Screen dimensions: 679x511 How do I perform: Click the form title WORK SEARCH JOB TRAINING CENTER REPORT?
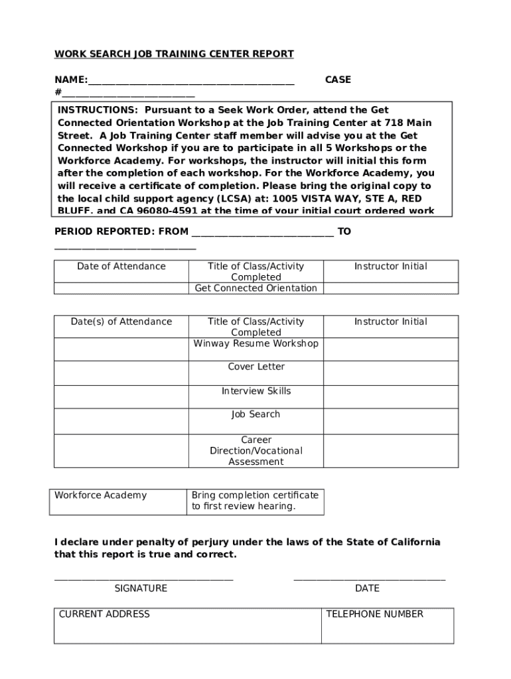click(174, 54)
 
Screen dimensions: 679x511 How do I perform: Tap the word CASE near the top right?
click(338, 80)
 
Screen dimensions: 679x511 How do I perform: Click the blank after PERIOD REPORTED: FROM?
click(262, 233)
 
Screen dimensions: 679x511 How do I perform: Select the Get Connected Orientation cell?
click(256, 288)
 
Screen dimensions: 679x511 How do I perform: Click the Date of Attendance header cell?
click(121, 267)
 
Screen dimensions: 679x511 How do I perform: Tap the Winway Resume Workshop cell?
click(256, 343)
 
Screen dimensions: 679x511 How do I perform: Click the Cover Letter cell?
click(256, 367)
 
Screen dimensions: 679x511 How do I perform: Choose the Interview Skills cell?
click(256, 391)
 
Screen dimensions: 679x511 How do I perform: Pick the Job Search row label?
click(256, 414)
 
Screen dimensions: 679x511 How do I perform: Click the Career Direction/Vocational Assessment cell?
click(256, 451)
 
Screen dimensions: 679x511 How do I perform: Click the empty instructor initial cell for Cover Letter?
click(390, 373)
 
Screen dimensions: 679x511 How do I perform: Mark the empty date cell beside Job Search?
click(121, 421)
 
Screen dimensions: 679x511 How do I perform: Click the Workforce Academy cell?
click(101, 495)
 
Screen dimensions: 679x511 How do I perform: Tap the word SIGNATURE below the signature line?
click(141, 588)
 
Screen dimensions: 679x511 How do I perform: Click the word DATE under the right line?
click(367, 588)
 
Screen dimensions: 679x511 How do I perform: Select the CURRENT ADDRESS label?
click(104, 614)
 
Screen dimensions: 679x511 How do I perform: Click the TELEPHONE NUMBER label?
click(375, 614)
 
